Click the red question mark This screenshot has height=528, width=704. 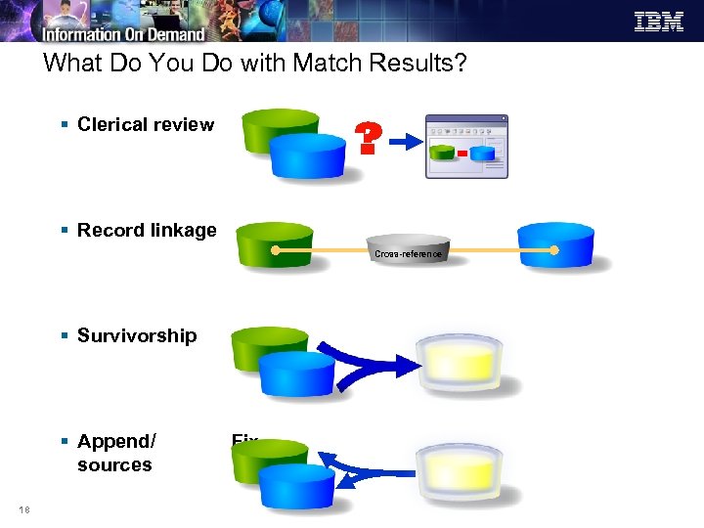(367, 140)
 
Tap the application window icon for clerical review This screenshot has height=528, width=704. (466, 147)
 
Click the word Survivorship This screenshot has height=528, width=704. (137, 335)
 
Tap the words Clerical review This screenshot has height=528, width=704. (146, 124)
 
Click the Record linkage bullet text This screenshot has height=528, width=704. (147, 230)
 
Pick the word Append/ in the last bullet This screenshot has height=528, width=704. (116, 441)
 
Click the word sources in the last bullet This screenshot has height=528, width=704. (114, 464)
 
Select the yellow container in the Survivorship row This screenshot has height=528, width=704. (460, 363)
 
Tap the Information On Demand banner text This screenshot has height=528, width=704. (123, 35)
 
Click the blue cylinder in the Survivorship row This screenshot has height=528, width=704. (296, 373)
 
